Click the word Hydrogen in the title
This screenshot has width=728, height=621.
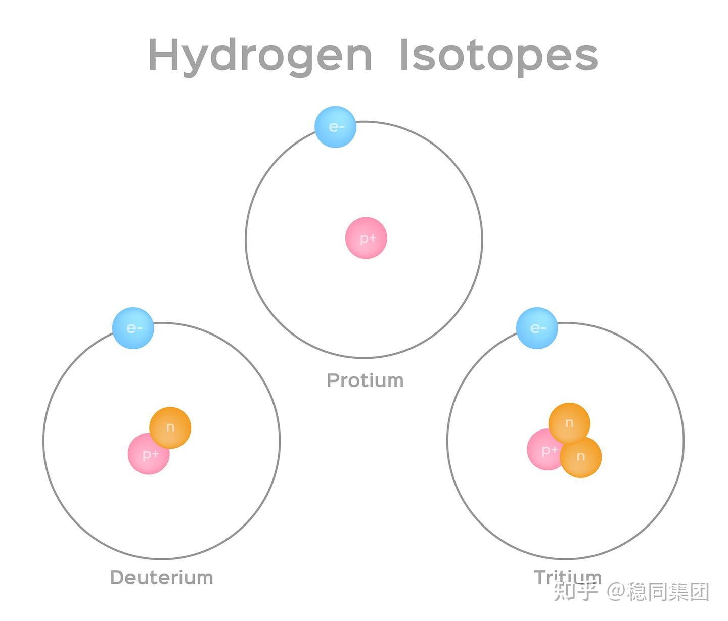(260, 56)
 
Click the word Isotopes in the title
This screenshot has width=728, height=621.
(498, 56)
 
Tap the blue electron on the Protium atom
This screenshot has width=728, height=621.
(336, 127)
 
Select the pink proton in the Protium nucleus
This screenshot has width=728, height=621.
(366, 238)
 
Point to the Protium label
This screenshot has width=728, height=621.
(365, 380)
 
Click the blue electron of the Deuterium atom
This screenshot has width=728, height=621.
(133, 328)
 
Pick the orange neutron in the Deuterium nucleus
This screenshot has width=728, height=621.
(170, 427)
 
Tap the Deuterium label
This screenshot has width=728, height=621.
(161, 578)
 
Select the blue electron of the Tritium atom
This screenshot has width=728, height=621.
(537, 328)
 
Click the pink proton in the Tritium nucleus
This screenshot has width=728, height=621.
(543, 451)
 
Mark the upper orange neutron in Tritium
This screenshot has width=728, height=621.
(569, 423)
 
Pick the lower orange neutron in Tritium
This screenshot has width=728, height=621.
(581, 457)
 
